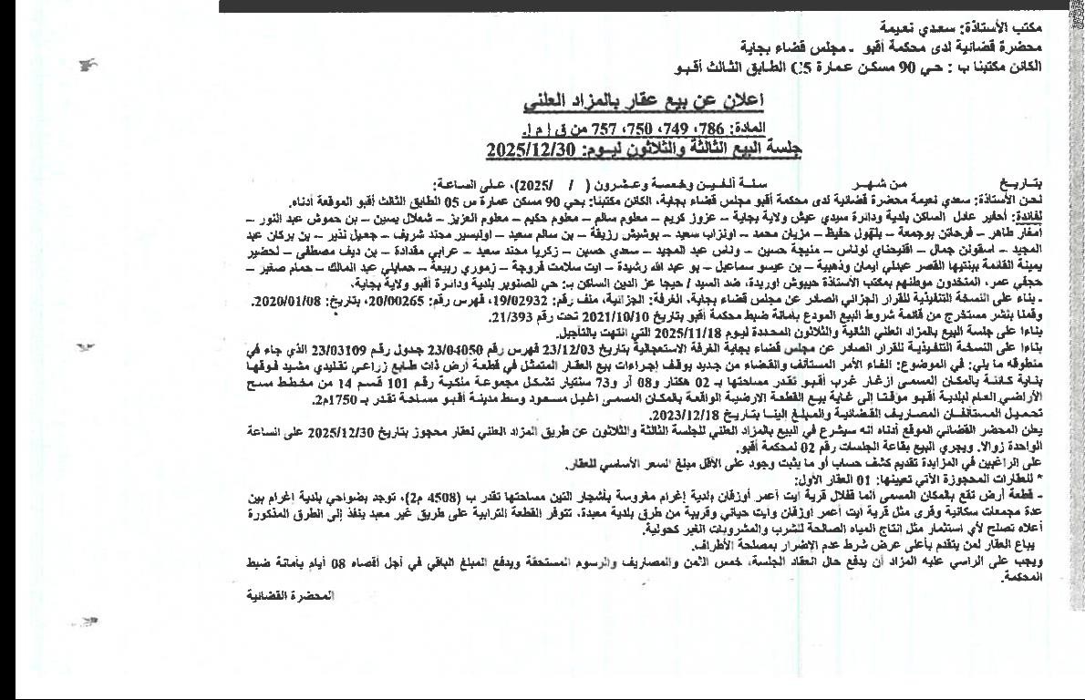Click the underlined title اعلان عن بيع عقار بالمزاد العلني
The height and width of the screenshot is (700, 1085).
pos(652,99)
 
